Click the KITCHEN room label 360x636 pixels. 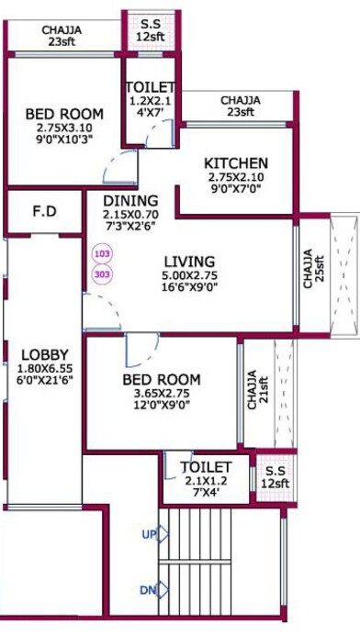tap(236, 163)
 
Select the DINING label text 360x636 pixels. tap(129, 201)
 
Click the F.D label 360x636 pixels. tap(45, 212)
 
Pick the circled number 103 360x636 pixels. tap(101, 251)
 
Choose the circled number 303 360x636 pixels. tap(101, 273)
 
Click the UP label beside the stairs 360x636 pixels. tap(148, 533)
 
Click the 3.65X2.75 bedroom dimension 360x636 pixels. tap(161, 396)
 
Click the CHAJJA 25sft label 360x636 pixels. tap(311, 269)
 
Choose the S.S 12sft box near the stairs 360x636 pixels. tap(273, 476)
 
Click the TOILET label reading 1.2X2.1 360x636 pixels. tap(149, 88)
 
